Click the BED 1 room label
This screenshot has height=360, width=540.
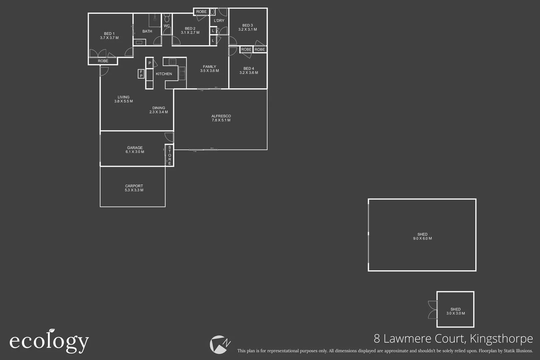(x=109, y=34)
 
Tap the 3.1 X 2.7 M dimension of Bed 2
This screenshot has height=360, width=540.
(x=190, y=33)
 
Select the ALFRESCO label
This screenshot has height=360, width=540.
(x=221, y=116)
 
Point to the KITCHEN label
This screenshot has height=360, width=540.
(x=164, y=74)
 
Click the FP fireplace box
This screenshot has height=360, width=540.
(x=141, y=74)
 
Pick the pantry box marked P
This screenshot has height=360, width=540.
(x=150, y=63)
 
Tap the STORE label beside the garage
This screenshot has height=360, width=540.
(x=170, y=155)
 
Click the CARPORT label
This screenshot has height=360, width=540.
(x=134, y=186)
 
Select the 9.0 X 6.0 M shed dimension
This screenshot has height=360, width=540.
(x=422, y=239)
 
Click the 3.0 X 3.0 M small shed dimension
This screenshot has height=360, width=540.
(x=456, y=313)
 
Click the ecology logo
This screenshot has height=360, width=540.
(x=49, y=341)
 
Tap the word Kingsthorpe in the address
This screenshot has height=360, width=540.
(x=501, y=339)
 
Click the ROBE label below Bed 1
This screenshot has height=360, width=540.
(x=103, y=61)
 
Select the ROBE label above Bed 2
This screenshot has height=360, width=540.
(x=201, y=12)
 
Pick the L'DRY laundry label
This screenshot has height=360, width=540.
(x=219, y=21)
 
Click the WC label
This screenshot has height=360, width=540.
(x=167, y=26)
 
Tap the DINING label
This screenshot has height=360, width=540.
(x=159, y=108)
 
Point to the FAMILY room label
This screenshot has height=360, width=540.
(x=209, y=67)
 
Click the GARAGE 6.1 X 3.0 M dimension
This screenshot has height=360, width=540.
(x=135, y=152)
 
